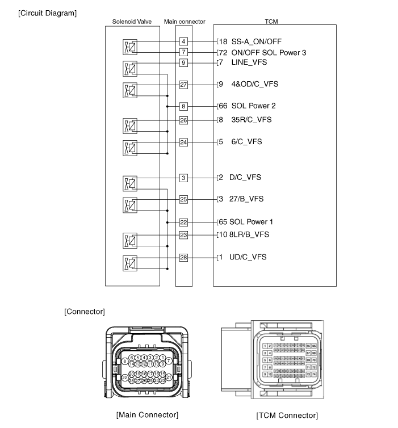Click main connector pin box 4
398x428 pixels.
click(x=183, y=41)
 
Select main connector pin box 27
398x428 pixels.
click(x=183, y=85)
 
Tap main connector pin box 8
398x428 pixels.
click(x=183, y=106)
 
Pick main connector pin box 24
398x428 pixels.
click(x=183, y=142)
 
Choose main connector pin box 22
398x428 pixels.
click(x=183, y=223)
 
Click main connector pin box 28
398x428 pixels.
click(x=183, y=258)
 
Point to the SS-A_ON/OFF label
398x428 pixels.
click(x=256, y=41)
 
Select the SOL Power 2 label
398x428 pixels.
click(x=254, y=106)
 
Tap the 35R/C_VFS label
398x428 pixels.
click(x=252, y=120)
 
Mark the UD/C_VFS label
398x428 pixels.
click(x=248, y=258)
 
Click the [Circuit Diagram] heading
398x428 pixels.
click(x=48, y=12)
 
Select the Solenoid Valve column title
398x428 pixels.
click(x=132, y=22)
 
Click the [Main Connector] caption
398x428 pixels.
click(x=147, y=415)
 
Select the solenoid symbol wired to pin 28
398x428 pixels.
click(x=131, y=263)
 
